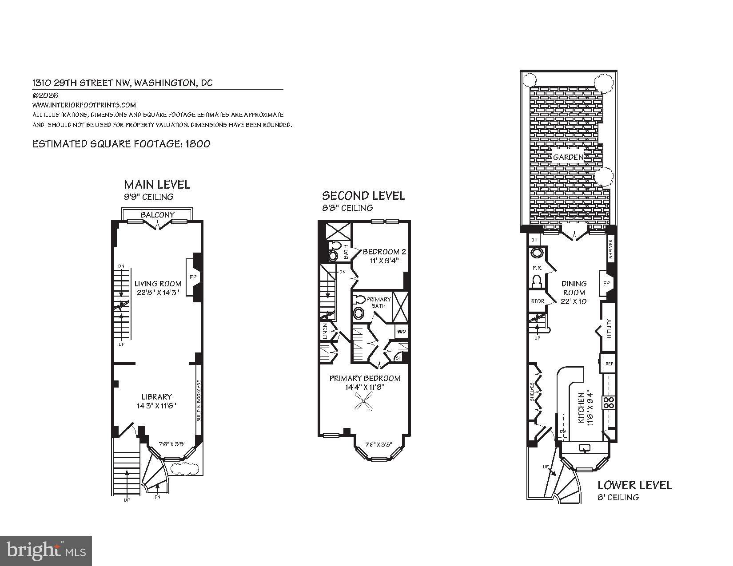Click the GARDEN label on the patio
pyautogui.click(x=568, y=157)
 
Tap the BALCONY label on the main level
pyautogui.click(x=158, y=215)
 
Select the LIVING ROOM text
pyautogui.click(x=158, y=284)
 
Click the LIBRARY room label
pyautogui.click(x=156, y=397)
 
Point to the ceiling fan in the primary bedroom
pyautogui.click(x=364, y=403)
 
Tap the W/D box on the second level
pyautogui.click(x=401, y=332)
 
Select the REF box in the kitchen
pyautogui.click(x=609, y=364)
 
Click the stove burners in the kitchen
pyautogui.click(x=608, y=403)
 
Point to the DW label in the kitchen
pyautogui.click(x=563, y=431)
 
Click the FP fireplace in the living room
pyautogui.click(x=193, y=277)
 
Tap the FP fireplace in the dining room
pyautogui.click(x=606, y=284)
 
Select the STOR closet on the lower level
pyautogui.click(x=537, y=301)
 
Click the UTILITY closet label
pyautogui.click(x=609, y=329)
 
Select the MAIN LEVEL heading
pyautogui.click(x=157, y=185)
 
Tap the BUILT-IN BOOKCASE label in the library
pyautogui.click(x=199, y=400)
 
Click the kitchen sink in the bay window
pyautogui.click(x=585, y=448)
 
